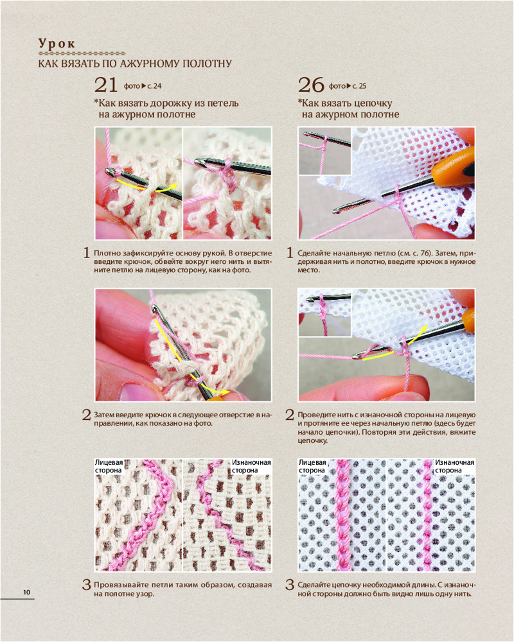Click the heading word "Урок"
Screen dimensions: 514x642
(x=57, y=44)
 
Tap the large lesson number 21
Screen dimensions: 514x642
(x=106, y=85)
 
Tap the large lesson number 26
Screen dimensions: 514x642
(x=311, y=85)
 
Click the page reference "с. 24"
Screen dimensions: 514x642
(x=155, y=86)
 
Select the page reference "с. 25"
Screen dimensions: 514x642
(x=359, y=86)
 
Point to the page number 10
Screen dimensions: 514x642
(x=26, y=592)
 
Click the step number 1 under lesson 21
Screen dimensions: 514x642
(x=87, y=252)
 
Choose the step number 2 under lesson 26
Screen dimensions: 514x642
(x=290, y=415)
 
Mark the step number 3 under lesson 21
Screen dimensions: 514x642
(x=87, y=584)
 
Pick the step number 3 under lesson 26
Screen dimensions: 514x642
(x=290, y=584)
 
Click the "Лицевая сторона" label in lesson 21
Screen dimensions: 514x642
(x=109, y=466)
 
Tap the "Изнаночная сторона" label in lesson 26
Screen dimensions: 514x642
(x=454, y=466)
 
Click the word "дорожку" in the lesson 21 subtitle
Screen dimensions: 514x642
(x=170, y=103)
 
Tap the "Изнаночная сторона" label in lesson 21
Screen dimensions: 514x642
(x=251, y=466)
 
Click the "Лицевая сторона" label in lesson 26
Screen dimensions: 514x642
(x=312, y=466)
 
